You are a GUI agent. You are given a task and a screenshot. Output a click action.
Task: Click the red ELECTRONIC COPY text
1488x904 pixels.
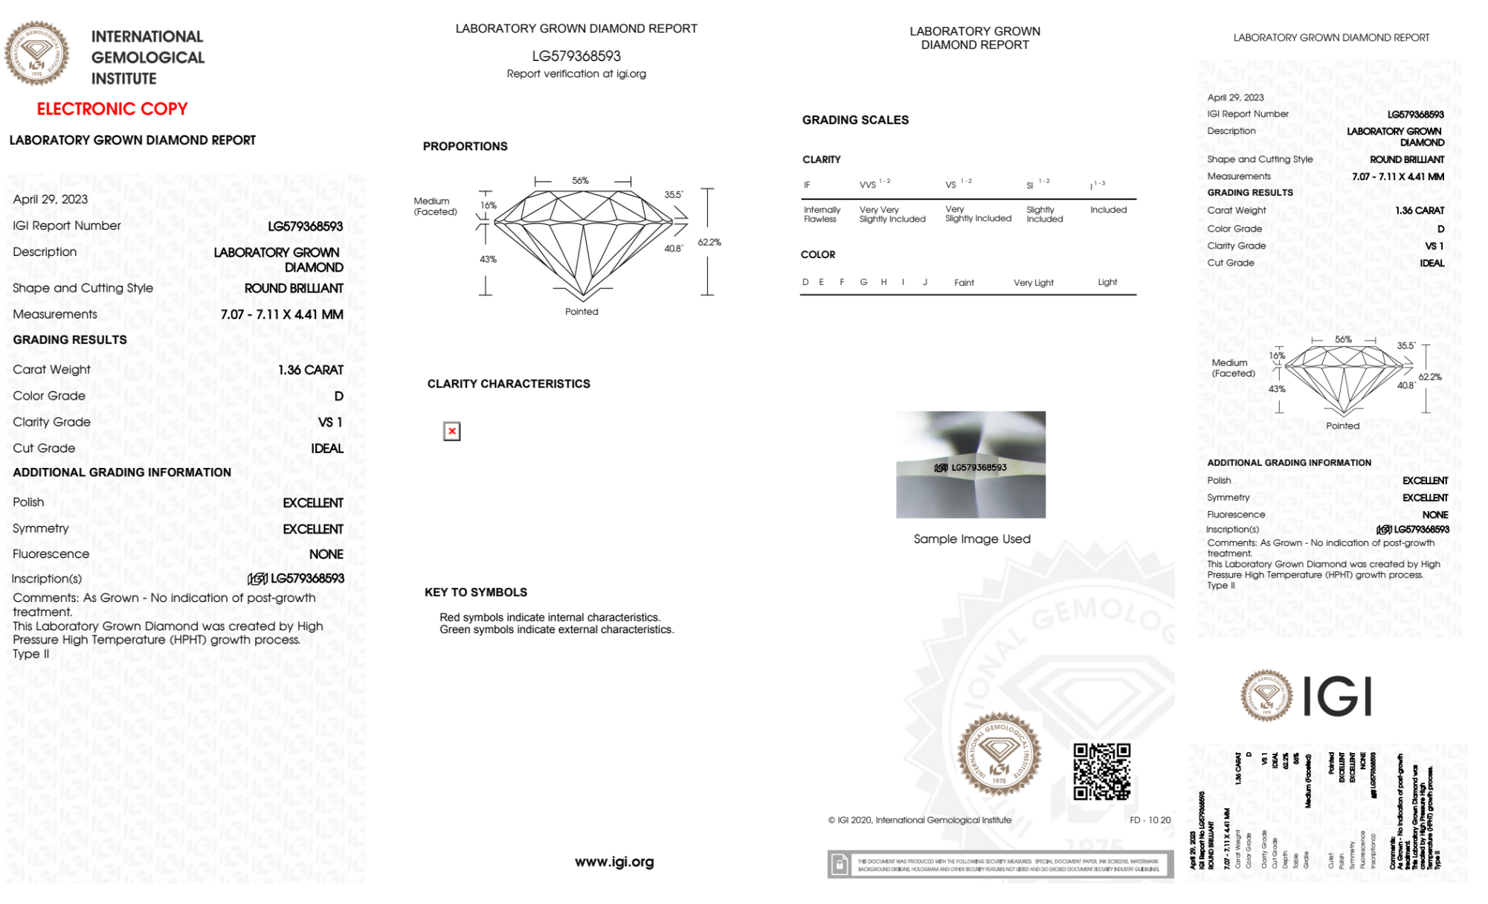[112, 109]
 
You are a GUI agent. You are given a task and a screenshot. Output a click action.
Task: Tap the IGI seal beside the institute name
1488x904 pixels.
[36, 54]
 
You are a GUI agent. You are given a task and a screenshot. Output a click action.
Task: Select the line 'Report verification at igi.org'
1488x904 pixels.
[576, 74]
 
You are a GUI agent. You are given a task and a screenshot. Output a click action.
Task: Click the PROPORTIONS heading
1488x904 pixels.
[465, 147]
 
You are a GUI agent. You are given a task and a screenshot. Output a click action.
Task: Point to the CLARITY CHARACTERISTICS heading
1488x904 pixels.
[508, 384]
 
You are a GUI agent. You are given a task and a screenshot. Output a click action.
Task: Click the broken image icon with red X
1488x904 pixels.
[451, 432]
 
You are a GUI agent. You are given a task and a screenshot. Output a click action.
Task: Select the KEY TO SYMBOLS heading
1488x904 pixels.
[475, 592]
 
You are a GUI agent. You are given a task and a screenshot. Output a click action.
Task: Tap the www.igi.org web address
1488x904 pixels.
[613, 862]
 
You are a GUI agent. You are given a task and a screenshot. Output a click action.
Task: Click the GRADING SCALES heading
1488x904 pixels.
[854, 120]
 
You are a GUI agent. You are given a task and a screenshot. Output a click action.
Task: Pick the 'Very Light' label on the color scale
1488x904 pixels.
[1033, 283]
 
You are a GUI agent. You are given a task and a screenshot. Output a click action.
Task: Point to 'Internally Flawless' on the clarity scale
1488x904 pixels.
[822, 214]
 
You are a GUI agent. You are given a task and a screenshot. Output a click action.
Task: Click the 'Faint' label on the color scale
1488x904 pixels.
[964, 283]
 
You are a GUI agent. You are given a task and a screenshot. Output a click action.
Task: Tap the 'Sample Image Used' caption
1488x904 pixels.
[971, 539]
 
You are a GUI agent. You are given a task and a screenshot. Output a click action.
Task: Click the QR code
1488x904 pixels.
[1101, 771]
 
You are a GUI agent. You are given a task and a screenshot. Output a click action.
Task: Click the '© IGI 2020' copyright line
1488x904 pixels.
[919, 820]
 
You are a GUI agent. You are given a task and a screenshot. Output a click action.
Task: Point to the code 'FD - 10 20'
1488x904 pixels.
[1149, 820]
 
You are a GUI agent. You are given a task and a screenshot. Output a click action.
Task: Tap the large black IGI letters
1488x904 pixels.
[1337, 696]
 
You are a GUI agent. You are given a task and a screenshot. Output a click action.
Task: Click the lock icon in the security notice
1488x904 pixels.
[840, 865]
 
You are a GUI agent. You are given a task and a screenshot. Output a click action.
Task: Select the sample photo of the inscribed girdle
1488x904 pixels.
[970, 464]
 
